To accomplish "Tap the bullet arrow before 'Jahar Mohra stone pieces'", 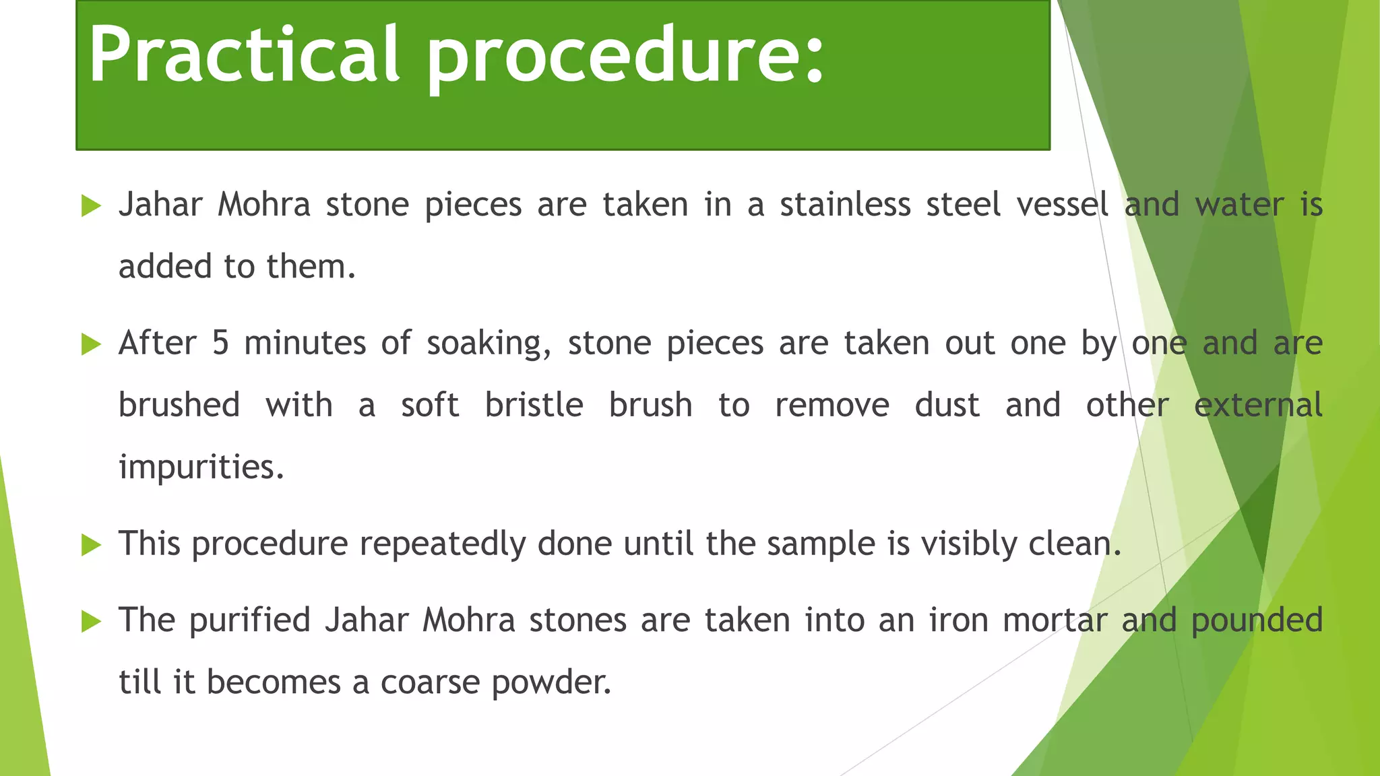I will [91, 205].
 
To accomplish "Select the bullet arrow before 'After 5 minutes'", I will [91, 344].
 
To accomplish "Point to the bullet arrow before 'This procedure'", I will [91, 544].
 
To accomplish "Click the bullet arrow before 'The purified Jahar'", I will [91, 621].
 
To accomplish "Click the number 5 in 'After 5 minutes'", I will [220, 343].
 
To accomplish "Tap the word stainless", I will [845, 205].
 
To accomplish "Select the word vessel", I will [1062, 205].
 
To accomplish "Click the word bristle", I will [534, 406].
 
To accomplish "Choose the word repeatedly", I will [442, 544].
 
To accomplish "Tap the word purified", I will [249, 621].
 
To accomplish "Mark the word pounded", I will [1257, 621].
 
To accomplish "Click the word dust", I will [947, 406].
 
